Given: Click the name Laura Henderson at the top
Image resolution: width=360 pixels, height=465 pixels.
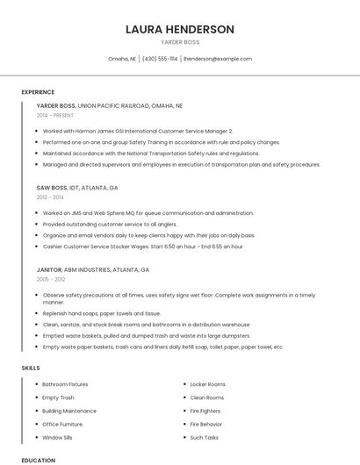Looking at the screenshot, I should (180, 29).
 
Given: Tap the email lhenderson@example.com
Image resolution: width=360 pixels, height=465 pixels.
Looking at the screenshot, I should (217, 59).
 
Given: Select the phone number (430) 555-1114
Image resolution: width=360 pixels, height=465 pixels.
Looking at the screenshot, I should (160, 59).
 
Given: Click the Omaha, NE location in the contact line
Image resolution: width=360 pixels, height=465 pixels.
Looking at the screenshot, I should (122, 59).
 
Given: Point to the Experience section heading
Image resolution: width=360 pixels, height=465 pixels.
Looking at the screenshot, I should (38, 92).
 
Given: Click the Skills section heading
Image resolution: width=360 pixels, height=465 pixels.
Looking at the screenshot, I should (31, 368).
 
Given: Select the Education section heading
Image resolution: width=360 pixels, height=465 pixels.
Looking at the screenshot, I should (38, 460).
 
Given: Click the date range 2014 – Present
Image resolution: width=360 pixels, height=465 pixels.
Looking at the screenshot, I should (56, 115).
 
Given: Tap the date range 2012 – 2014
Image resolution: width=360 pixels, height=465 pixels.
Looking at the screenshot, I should (50, 197).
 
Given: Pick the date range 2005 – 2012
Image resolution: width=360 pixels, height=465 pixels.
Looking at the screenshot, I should (50, 279).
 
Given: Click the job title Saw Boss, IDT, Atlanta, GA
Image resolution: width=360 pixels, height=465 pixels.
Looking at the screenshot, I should (77, 188).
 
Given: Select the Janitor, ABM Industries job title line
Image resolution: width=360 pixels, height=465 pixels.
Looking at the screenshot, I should (93, 269).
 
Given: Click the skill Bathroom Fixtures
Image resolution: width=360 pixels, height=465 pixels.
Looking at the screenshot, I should (65, 384).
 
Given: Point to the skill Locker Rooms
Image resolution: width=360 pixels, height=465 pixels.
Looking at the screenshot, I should (207, 384).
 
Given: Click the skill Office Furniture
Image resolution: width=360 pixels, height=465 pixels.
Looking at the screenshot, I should (63, 424).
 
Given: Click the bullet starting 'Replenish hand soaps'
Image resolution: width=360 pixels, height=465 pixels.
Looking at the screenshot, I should (101, 313).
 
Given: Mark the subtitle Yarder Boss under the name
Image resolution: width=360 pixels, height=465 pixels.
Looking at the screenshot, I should (180, 42).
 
